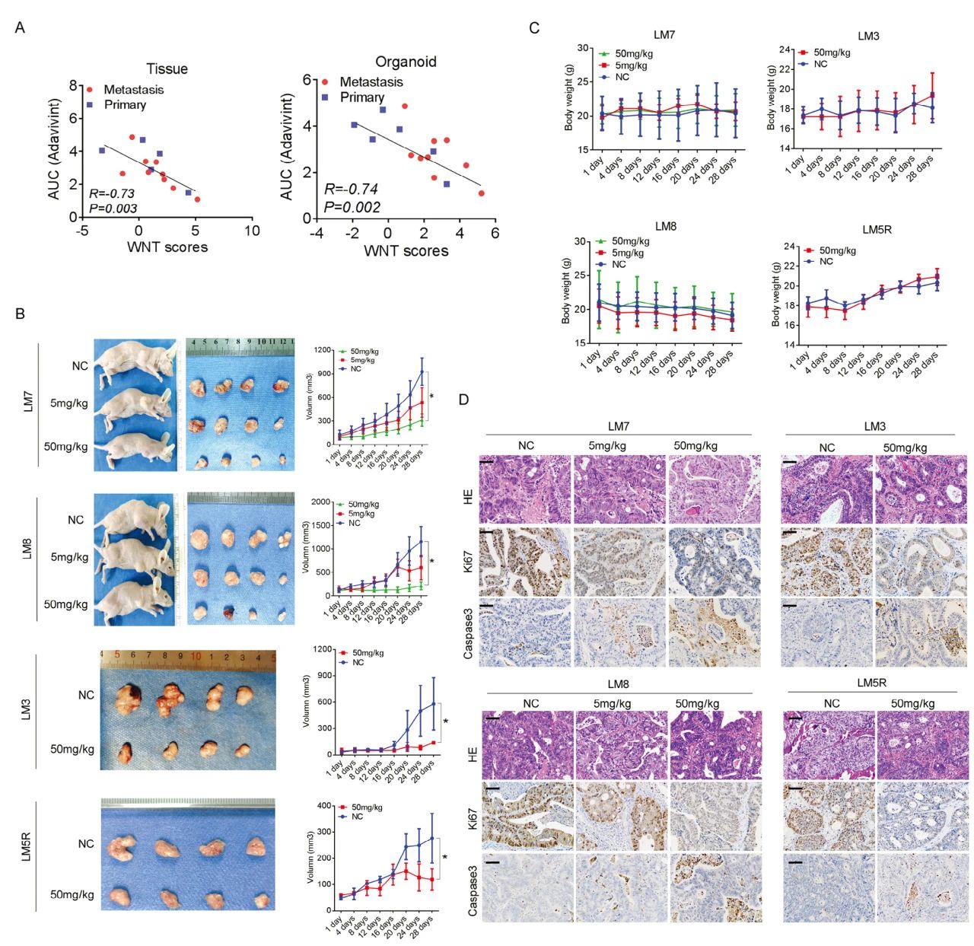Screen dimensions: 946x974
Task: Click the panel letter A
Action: tap(20, 28)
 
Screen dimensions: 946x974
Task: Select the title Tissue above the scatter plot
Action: tap(167, 68)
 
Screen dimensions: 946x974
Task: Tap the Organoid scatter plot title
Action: tap(406, 62)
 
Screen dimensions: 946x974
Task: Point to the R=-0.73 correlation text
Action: tap(112, 193)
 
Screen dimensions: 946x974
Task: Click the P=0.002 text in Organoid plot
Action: tap(352, 207)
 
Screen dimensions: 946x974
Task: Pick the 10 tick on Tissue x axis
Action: tap(252, 231)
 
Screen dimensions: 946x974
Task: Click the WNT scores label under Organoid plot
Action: tap(406, 250)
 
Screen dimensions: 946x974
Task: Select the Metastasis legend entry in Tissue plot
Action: tap(133, 89)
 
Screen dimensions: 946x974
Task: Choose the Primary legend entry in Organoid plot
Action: tap(361, 97)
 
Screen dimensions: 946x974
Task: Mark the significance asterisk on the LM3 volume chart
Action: tap(446, 721)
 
